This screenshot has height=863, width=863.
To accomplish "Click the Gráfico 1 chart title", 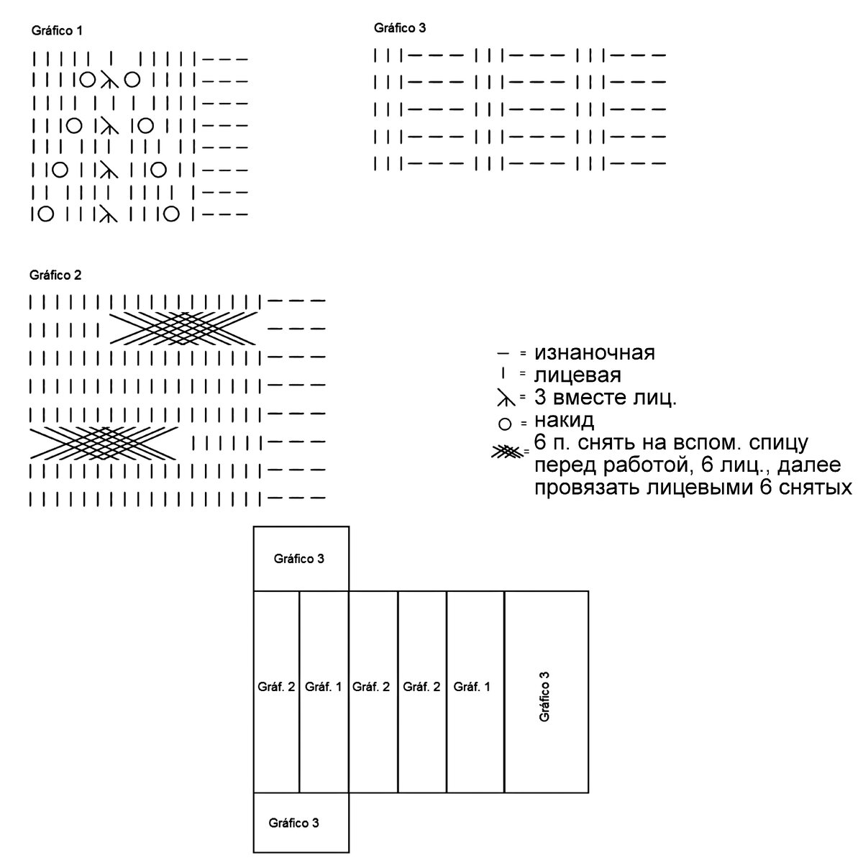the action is pyautogui.click(x=58, y=31).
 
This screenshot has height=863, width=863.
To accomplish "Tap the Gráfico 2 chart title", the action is pyautogui.click(x=55, y=275).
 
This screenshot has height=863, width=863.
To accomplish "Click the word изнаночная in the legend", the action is pyautogui.click(x=594, y=353).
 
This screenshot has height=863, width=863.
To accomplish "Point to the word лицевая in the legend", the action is pyautogui.click(x=577, y=375).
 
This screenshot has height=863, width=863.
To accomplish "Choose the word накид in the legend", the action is pyautogui.click(x=564, y=420).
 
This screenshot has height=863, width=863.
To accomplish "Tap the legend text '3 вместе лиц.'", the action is pyautogui.click(x=605, y=397).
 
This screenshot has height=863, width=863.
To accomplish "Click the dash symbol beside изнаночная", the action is pyautogui.click(x=503, y=354).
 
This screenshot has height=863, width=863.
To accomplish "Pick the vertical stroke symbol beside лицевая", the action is pyautogui.click(x=503, y=374).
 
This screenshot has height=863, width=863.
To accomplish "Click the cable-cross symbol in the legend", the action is pyautogui.click(x=506, y=452).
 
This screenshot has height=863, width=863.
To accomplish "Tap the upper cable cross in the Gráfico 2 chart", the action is pyautogui.click(x=183, y=329).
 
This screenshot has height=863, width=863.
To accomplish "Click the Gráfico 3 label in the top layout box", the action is pyautogui.click(x=299, y=559).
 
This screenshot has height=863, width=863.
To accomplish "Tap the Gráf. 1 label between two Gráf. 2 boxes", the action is pyautogui.click(x=323, y=687).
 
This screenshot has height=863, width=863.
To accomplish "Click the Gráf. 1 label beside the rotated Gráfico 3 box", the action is pyautogui.click(x=472, y=687).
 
